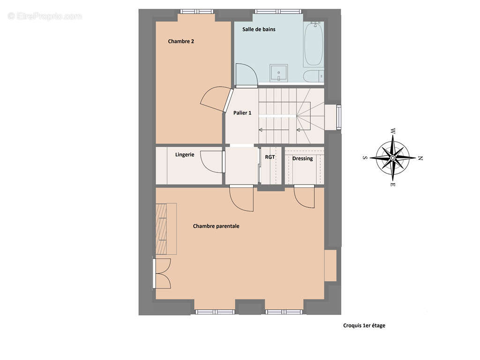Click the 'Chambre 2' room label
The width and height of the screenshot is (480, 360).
tap(181, 41)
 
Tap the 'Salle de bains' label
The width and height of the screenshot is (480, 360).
tap(259, 30)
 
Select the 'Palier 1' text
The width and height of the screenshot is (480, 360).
tap(242, 113)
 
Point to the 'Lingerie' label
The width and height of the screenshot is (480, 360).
tap(185, 155)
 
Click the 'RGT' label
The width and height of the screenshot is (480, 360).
tap(270, 157)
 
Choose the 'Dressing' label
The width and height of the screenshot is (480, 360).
tap(302, 158)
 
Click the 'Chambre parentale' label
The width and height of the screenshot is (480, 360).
tap(216, 226)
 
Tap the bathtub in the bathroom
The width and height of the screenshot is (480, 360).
tap(314, 45)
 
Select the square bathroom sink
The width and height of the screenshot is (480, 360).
tap(278, 73)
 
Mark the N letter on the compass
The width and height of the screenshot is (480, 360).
tap(420, 158)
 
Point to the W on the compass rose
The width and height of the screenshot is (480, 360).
tap(393, 131)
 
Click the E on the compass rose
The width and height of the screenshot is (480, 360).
tap(393, 185)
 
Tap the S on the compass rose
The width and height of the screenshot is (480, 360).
tap(365, 157)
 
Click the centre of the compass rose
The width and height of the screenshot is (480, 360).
tap(393, 158)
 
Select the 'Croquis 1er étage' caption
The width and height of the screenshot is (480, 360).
tap(364, 326)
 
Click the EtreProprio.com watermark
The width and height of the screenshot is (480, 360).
tap(45, 16)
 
